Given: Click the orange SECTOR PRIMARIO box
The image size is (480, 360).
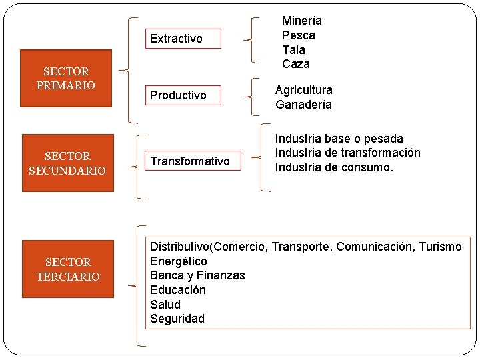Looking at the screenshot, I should (66, 78).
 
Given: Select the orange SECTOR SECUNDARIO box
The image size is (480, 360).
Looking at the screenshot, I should (67, 163).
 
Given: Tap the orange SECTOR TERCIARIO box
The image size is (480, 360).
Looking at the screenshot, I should (68, 269).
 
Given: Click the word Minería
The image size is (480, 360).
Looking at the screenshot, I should (301, 21).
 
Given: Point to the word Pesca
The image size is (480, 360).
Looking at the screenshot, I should (298, 35).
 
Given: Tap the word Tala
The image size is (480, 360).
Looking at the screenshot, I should (293, 50).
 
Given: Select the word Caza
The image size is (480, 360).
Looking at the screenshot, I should (295, 64).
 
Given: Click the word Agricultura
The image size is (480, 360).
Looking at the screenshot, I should (304, 90).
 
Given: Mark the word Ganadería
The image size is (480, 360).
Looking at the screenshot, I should (303, 105).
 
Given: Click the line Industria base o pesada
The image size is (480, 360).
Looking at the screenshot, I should (339, 139).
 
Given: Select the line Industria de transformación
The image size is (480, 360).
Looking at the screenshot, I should (347, 153).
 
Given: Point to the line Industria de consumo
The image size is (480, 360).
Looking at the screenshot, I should (334, 167).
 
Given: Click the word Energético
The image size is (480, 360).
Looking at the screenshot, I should (178, 261).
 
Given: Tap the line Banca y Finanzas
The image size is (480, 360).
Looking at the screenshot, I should (197, 275).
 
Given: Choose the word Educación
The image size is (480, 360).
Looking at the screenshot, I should (177, 290).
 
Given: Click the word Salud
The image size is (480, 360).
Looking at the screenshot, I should (165, 305).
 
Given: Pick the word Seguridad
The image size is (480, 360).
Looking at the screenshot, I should (177, 319).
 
